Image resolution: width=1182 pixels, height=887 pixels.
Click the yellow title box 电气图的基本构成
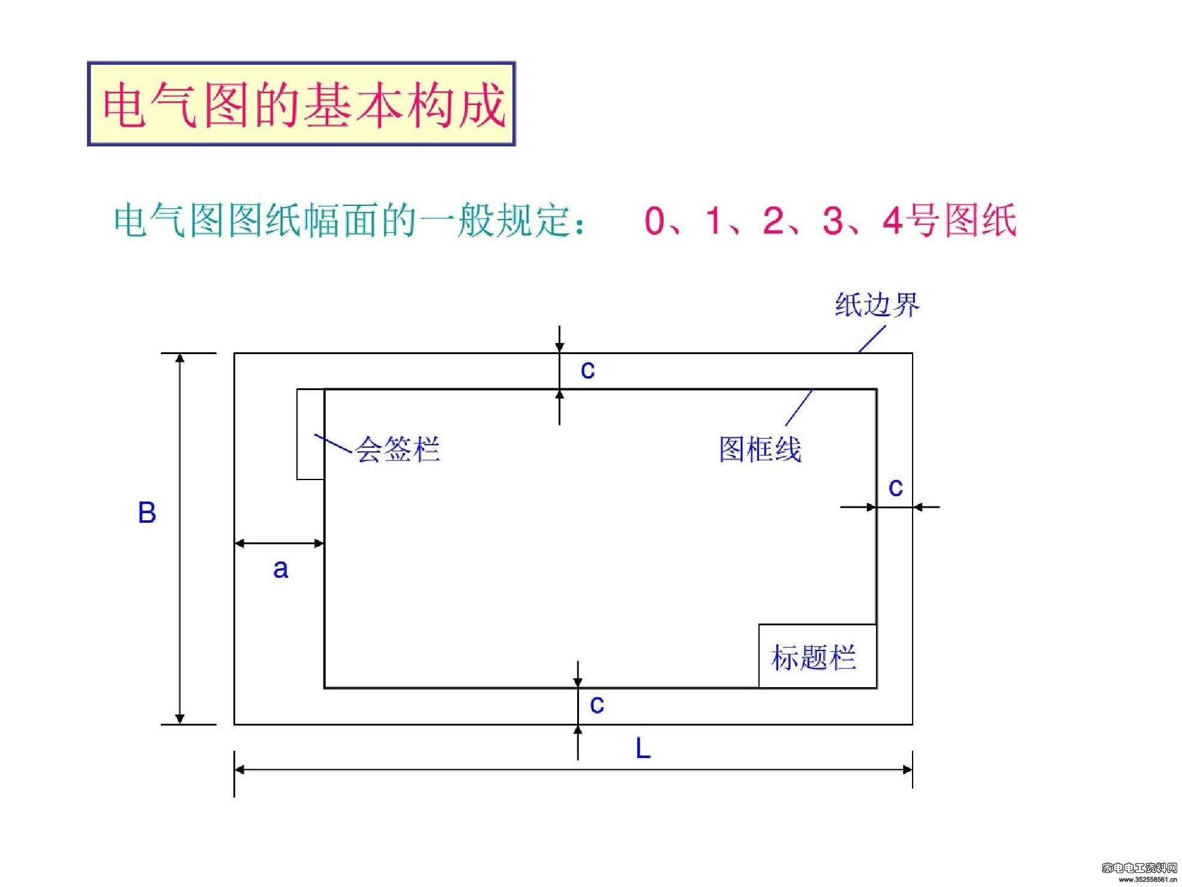point(301,103)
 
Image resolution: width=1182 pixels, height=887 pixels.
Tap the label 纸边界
point(877,305)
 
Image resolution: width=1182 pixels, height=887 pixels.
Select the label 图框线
point(760,449)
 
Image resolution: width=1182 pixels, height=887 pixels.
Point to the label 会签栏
point(398,449)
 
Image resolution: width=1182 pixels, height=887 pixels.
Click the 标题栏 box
point(817,656)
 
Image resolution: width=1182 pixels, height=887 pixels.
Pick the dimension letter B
point(147,513)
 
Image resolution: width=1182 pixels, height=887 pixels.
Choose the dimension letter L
point(643,748)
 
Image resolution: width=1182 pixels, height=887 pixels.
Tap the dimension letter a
point(280,569)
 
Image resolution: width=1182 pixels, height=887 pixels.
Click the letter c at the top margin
point(588,370)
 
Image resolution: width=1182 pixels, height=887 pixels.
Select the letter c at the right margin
point(896,487)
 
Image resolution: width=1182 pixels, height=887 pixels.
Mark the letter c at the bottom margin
point(597,705)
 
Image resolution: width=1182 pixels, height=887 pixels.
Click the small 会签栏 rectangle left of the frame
point(311,434)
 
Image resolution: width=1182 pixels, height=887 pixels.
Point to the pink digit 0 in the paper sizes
point(655,220)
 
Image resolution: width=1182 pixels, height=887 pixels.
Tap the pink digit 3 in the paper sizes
point(833,220)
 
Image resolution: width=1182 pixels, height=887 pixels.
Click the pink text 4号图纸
point(949,220)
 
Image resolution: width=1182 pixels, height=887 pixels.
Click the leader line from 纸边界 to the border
point(872,339)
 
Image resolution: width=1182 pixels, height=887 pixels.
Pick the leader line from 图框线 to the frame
point(799,407)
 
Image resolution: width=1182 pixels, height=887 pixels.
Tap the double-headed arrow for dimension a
point(280,544)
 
